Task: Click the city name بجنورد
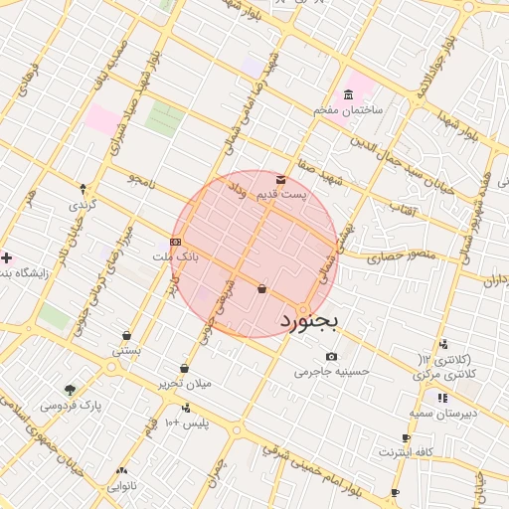point(309,321)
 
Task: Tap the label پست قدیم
point(280,195)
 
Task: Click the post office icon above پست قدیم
point(280,179)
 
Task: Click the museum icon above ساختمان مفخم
point(348,95)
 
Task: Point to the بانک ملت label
point(176,256)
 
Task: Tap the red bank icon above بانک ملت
point(175,241)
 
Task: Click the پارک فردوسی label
point(72,406)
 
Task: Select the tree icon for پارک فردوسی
point(70,390)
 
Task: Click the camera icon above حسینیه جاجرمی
point(331,357)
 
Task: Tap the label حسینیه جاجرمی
point(331,373)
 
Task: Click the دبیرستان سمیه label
point(439,413)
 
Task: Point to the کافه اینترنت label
point(406,452)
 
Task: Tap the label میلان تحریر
point(184,384)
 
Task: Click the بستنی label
point(126,351)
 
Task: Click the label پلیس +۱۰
point(186,424)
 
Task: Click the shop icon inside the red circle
point(261,289)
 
